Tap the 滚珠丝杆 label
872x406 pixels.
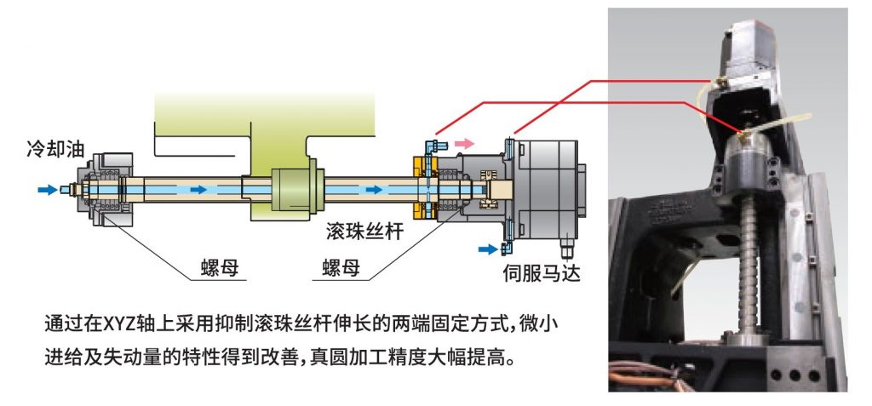(365, 232)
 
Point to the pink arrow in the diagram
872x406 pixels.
(464, 144)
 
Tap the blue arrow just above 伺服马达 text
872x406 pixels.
(488, 249)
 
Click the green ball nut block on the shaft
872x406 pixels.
(295, 191)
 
